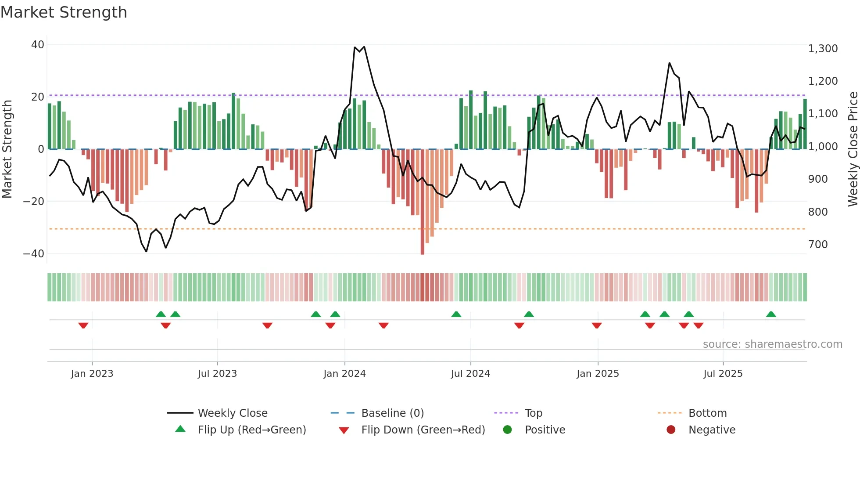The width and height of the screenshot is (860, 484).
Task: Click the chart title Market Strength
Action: (x=64, y=12)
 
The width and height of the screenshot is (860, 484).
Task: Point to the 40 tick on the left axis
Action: (x=38, y=45)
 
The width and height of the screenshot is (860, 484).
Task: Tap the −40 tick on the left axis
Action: (x=34, y=254)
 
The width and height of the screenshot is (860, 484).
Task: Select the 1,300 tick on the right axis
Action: (x=823, y=49)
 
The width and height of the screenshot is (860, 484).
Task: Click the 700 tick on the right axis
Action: (x=818, y=245)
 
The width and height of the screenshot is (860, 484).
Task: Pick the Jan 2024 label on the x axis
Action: (x=344, y=374)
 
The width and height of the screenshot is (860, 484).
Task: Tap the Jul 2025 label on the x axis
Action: (x=723, y=374)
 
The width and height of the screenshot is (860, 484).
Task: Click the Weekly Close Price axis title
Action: (x=853, y=149)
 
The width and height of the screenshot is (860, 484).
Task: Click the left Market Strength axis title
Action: (x=7, y=149)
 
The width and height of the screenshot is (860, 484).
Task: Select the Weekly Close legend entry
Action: (x=232, y=413)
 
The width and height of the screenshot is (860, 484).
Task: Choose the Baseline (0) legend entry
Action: (x=392, y=413)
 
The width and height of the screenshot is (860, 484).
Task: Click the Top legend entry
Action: (x=533, y=413)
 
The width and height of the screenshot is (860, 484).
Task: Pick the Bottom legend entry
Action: (x=707, y=413)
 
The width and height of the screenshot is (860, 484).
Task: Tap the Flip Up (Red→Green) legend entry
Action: (x=251, y=430)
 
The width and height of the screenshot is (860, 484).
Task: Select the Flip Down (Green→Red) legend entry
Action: (x=423, y=430)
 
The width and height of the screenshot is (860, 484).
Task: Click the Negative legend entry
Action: (x=711, y=430)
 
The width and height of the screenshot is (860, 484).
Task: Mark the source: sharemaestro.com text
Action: (x=772, y=344)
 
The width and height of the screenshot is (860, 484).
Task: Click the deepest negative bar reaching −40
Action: (x=422, y=202)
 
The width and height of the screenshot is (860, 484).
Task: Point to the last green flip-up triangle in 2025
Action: (x=771, y=314)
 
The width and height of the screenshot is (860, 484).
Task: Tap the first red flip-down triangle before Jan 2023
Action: (x=83, y=325)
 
